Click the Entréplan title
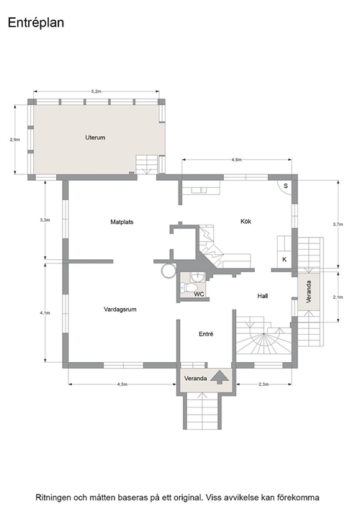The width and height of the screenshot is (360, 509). pyautogui.click(x=36, y=23)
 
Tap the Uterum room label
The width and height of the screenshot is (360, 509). pyautogui.click(x=95, y=138)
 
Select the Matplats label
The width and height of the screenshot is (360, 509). pyautogui.click(x=122, y=222)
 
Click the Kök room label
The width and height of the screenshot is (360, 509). pyautogui.click(x=246, y=222)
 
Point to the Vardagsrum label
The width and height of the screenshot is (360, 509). pyautogui.click(x=120, y=310)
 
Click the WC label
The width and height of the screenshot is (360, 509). pyautogui.click(x=199, y=294)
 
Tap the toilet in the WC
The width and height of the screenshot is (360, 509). pyautogui.click(x=188, y=287)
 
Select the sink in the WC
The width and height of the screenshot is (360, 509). pyautogui.click(x=197, y=278)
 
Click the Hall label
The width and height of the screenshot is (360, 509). pyautogui.click(x=263, y=296)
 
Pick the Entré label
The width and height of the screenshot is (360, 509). pyautogui.click(x=206, y=334)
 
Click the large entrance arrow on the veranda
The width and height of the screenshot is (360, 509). pyautogui.click(x=220, y=377)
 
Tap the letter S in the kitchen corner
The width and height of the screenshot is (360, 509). pyautogui.click(x=286, y=186)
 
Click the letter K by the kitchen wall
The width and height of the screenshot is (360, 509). pyautogui.click(x=284, y=260)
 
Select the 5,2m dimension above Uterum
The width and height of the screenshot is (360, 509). pyautogui.click(x=96, y=91)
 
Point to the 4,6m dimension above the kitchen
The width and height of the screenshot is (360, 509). pyautogui.click(x=237, y=160)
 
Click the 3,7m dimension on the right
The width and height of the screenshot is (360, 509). pyautogui.click(x=338, y=224)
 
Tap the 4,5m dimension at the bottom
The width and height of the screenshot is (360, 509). pyautogui.click(x=122, y=384)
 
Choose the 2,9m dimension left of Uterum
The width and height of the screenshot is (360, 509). pyautogui.click(x=14, y=140)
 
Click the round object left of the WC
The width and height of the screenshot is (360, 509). pyautogui.click(x=168, y=271)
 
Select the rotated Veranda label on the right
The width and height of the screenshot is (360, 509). pyautogui.click(x=309, y=292)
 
